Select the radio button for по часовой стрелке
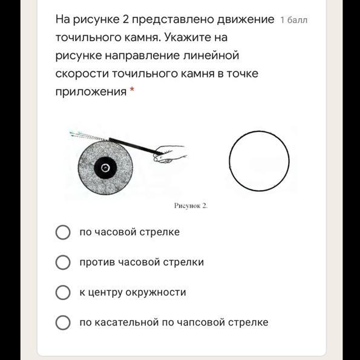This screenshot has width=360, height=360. [63, 232]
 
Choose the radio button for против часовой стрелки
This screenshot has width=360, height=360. [63, 262]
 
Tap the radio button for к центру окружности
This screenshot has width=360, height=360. [63, 292]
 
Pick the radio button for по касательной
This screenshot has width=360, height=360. [63, 322]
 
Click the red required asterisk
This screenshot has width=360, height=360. [132, 90]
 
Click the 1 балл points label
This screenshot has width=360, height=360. [293, 20]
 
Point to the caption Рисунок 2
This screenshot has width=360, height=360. [191, 206]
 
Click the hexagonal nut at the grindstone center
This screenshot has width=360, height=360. [105, 168]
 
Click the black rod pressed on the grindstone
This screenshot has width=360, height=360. [136, 146]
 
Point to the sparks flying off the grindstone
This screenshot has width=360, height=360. [89, 136]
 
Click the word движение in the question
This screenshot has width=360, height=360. [246, 19]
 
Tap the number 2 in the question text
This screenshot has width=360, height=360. [125, 19]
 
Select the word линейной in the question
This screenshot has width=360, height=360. [211, 56]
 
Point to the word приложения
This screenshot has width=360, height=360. [91, 92]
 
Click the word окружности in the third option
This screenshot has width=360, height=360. [155, 292]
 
